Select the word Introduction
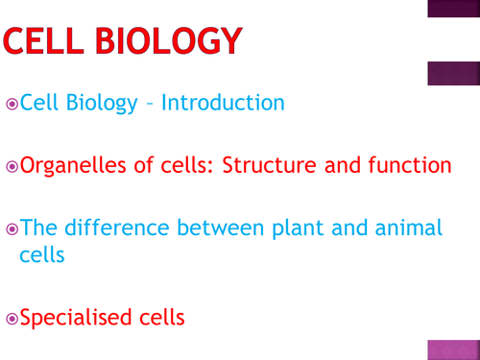click(223, 103)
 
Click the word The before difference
click(37, 228)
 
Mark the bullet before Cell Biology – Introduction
click(11, 104)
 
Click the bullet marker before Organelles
click(11, 166)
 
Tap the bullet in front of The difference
click(11, 228)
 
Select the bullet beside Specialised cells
click(11, 317)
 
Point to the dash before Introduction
click(150, 104)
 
